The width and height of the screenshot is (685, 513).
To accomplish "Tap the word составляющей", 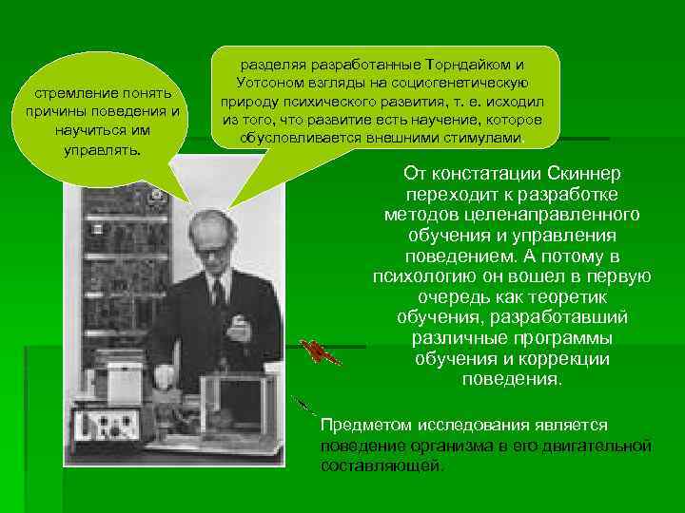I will pyautogui.click(x=382, y=465).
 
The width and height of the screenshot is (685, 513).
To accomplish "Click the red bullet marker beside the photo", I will pyautogui.click(x=316, y=352).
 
